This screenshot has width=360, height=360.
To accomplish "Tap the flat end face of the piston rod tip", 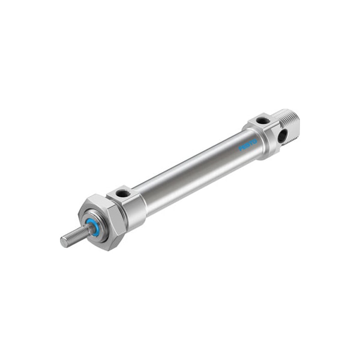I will [x=64, y=241].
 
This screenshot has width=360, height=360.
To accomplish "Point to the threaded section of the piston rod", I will [x=75, y=235].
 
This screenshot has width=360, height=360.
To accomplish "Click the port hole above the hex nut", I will [x=123, y=193].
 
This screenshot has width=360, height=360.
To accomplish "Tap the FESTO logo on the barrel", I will [x=248, y=145].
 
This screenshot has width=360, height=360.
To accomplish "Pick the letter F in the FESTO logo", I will [x=242, y=148].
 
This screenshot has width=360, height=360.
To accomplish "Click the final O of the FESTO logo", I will [x=255, y=142].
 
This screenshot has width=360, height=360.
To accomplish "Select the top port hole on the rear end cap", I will [x=263, y=121].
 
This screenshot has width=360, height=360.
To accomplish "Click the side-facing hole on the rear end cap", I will [x=281, y=136].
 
